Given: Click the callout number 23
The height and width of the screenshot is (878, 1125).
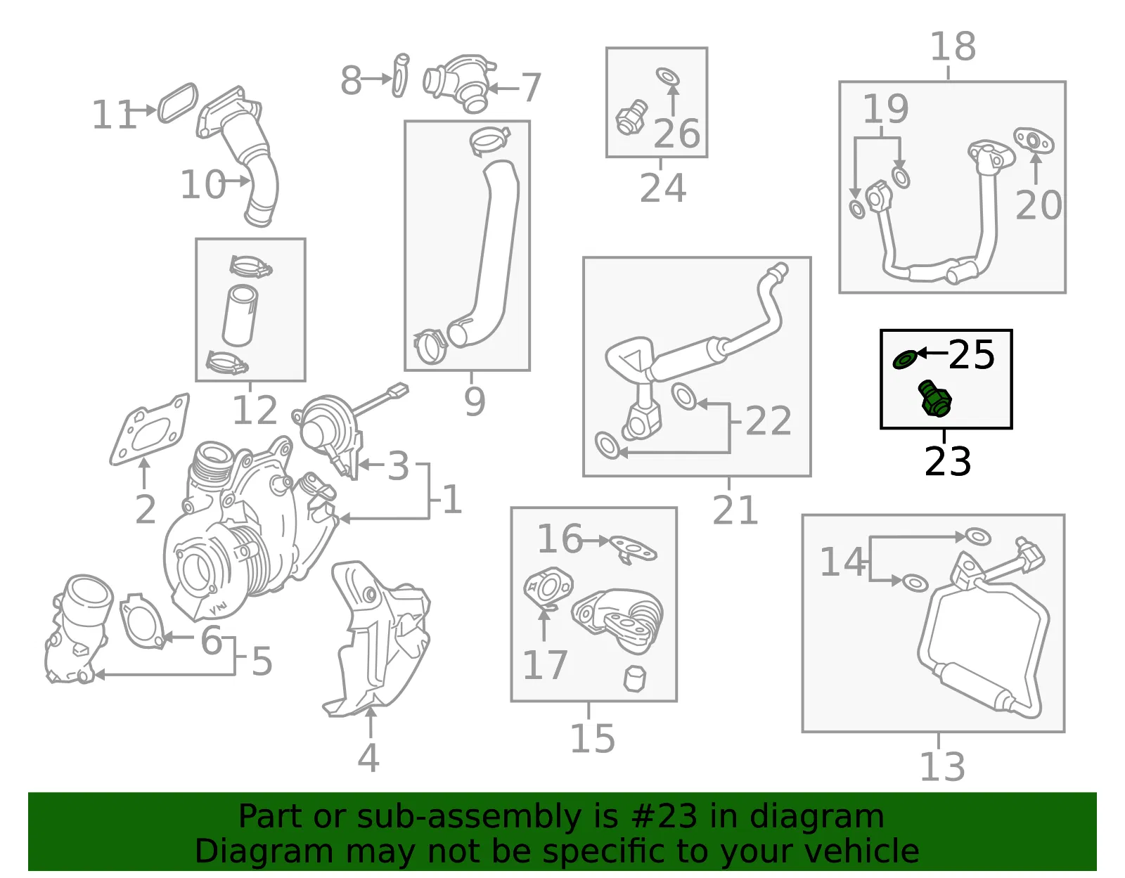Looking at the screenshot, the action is [x=947, y=462].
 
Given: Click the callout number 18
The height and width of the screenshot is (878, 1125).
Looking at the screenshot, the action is [x=953, y=46].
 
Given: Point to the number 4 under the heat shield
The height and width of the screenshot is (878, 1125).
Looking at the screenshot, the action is [x=368, y=758].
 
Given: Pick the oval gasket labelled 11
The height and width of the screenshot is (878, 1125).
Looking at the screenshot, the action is [x=178, y=103].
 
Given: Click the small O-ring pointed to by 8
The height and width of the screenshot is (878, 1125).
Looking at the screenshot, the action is [x=400, y=75].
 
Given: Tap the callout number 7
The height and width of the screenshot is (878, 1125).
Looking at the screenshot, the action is [x=531, y=87].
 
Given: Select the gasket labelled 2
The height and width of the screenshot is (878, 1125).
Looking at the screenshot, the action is [x=150, y=430].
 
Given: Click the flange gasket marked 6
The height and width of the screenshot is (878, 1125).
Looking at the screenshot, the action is [x=141, y=620].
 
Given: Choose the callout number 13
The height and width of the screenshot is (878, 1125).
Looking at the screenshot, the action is [x=941, y=766].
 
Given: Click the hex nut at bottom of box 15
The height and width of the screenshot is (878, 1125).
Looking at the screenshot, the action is [x=635, y=679].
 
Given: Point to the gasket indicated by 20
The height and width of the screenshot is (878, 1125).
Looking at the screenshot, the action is [x=1034, y=140].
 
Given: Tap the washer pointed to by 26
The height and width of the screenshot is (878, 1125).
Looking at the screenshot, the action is [x=668, y=77].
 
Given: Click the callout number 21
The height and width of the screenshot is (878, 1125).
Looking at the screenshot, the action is [x=735, y=510].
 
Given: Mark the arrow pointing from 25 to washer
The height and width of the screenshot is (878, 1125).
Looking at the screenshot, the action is [x=932, y=354].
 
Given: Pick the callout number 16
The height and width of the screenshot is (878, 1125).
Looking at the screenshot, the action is [x=560, y=538].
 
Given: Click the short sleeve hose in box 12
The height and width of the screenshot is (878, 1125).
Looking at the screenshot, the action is [x=240, y=314].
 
